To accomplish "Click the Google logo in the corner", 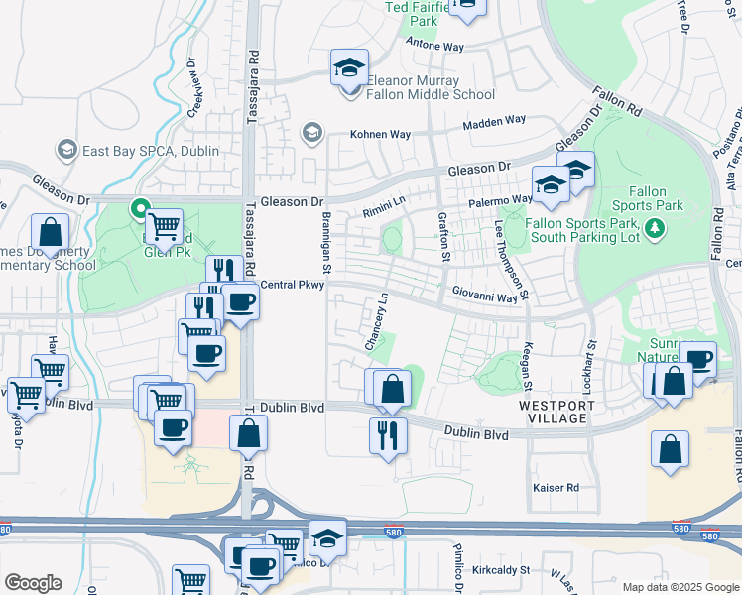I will pyautogui.click(x=34, y=583).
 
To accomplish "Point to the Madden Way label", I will pyautogui.click(x=494, y=121).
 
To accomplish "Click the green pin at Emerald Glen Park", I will pyautogui.click(x=140, y=210).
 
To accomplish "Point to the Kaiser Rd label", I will pyautogui.click(x=556, y=488).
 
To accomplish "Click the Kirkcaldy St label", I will pyautogui.click(x=502, y=571).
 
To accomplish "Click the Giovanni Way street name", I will pyautogui.click(x=485, y=296).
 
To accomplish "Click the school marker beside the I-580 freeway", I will pyautogui.click(x=326, y=537).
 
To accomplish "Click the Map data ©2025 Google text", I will pyautogui.click(x=680, y=586).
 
